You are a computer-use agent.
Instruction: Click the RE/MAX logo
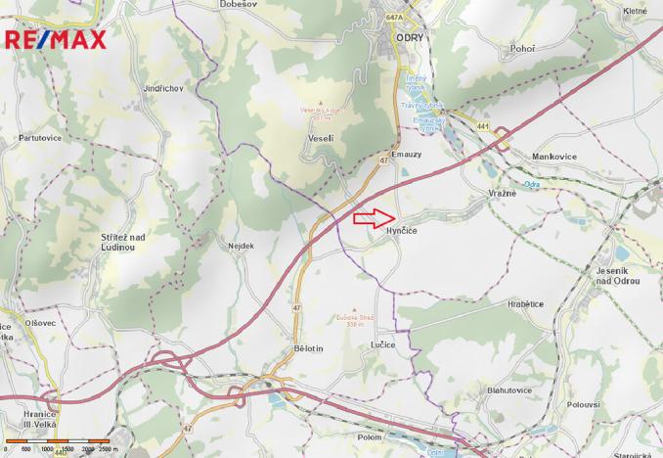coord(56,39)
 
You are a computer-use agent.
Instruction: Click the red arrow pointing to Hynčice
coord(372,217)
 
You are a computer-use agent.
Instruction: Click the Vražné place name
coord(502,193)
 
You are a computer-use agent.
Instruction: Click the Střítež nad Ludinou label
coord(123,242)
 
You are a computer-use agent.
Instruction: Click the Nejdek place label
coord(241,246)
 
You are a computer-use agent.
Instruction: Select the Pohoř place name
coord(524,47)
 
